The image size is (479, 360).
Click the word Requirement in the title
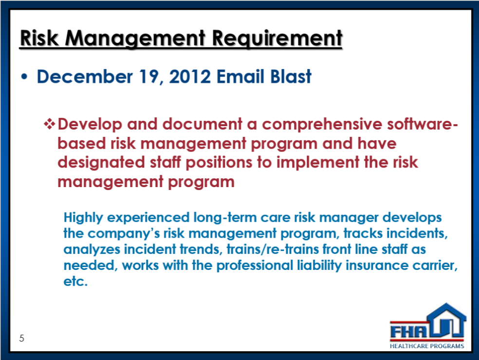[x=277, y=39]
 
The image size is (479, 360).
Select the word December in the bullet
[x=85, y=76]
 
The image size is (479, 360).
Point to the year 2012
[x=190, y=76]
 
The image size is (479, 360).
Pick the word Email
[x=240, y=76]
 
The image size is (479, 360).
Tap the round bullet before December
[x=24, y=77]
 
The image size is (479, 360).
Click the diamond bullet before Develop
[x=49, y=124]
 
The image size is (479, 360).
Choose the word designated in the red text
[x=101, y=162]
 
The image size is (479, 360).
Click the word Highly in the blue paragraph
[x=83, y=218]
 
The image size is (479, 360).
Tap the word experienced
[x=148, y=218]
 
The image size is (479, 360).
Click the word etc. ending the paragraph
[x=75, y=281]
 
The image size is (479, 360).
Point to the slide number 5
[x=21, y=338]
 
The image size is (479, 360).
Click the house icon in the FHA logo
[x=446, y=320]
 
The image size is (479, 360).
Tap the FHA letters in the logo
[x=408, y=332]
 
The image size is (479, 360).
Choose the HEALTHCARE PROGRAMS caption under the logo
[x=427, y=346]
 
